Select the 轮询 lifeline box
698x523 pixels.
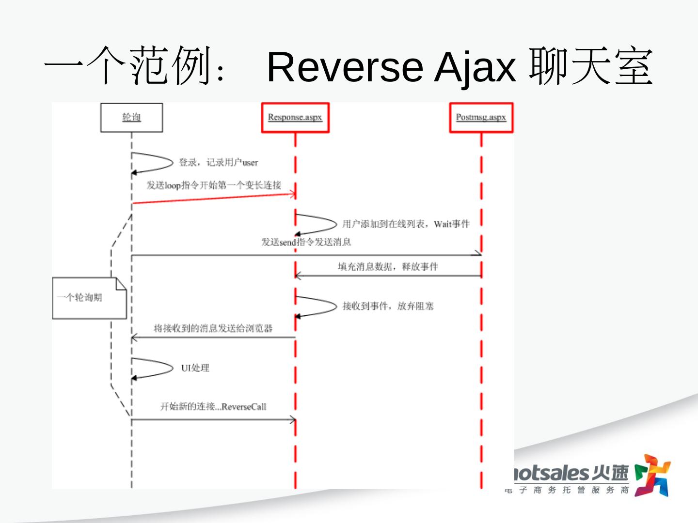point(131,117)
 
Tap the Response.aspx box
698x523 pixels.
point(295,117)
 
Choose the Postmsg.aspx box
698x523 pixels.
point(481,117)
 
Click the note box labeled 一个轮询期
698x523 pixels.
point(89,298)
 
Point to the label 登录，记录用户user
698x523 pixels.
point(218,162)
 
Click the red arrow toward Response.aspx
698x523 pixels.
point(213,198)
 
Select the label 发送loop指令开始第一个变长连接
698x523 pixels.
point(214,185)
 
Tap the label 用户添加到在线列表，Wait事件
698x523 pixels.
point(406,224)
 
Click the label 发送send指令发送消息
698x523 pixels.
point(306,242)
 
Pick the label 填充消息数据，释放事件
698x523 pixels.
point(388,266)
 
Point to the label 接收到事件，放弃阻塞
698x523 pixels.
point(388,306)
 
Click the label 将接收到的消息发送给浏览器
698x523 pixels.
point(213,328)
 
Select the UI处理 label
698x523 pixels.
point(195,368)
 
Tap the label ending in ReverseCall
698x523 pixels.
point(213,407)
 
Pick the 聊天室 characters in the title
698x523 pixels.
point(590,67)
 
